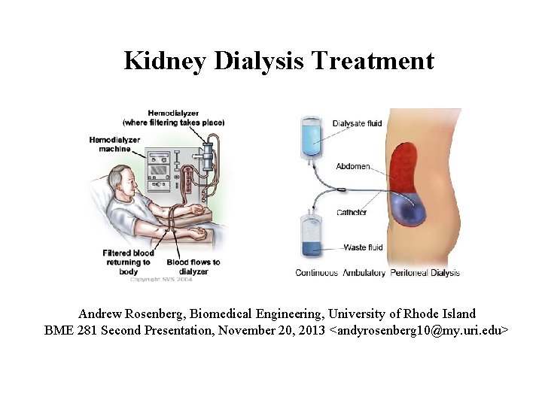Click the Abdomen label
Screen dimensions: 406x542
[x=352, y=166]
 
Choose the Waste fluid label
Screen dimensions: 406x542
[x=363, y=247]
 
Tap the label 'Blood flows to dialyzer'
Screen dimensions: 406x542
[x=193, y=266]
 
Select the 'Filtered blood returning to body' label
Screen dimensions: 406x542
[x=128, y=262]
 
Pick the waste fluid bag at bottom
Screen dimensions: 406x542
[x=310, y=238]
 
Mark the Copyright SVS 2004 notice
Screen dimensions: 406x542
[x=161, y=279]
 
